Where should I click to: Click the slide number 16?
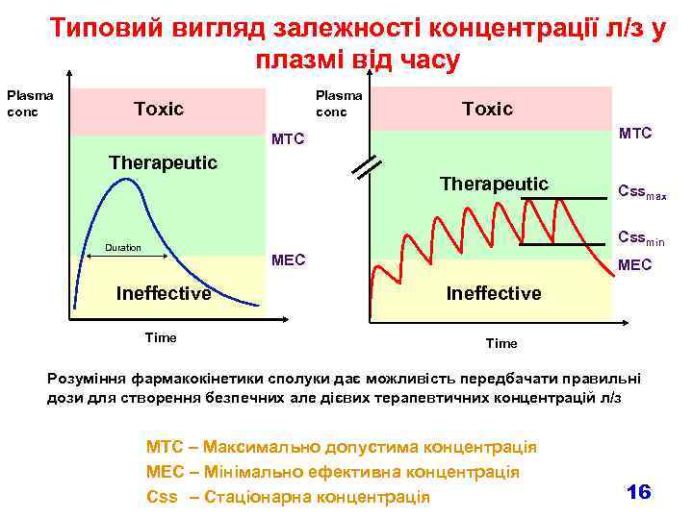click(638, 491)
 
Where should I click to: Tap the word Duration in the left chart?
click(122, 248)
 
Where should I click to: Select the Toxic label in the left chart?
click(159, 109)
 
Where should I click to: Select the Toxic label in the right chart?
click(487, 109)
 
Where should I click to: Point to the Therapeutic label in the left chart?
click(163, 161)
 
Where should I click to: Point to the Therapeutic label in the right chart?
click(494, 184)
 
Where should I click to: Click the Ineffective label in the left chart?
click(163, 293)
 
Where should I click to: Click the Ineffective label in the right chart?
click(494, 293)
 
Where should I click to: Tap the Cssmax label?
click(642, 193)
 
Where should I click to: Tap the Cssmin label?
click(641, 237)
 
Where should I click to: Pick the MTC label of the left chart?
click(288, 139)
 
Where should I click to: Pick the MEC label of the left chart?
click(289, 259)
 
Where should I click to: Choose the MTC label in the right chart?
click(635, 133)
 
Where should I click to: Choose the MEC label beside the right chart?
click(634, 263)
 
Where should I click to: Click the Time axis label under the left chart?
click(160, 337)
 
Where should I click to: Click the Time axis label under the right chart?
click(501, 343)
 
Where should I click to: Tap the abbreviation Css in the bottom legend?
click(162, 497)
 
